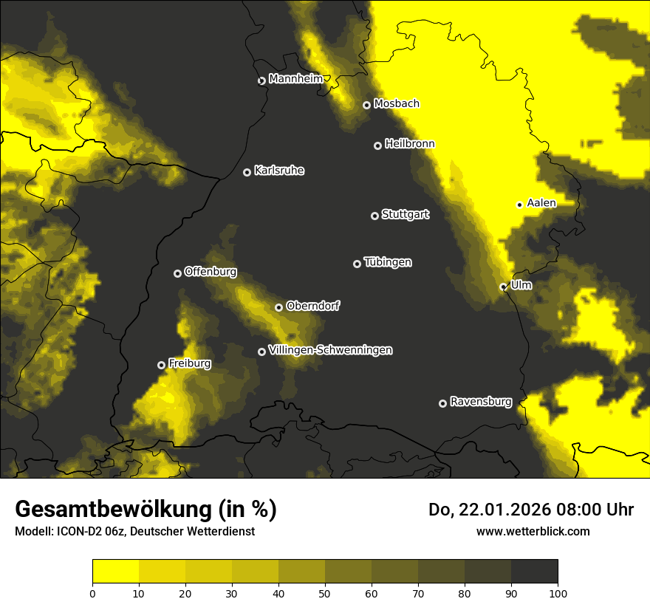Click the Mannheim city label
(295, 79)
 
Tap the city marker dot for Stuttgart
(374, 216)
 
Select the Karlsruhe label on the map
(278, 171)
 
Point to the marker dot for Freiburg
(161, 365)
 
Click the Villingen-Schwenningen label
(330, 350)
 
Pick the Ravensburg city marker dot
(442, 403)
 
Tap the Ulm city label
(521, 284)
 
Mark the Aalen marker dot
(519, 205)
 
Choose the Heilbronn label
(409, 144)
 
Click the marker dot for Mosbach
(366, 105)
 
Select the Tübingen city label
(388, 262)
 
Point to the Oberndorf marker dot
(278, 307)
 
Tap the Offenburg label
(211, 272)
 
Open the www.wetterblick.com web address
(533, 531)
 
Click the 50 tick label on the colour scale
(325, 593)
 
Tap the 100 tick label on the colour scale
(558, 593)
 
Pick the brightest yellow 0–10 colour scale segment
(115, 572)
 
